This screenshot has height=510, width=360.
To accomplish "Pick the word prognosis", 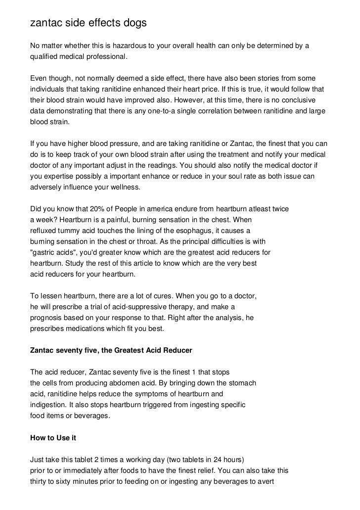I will pos(46,318).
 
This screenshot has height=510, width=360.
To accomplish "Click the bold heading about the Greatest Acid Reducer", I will pos(111,350).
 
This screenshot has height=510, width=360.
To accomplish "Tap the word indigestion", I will pos(47,405).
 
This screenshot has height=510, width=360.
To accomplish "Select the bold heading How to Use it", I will pos(53,438).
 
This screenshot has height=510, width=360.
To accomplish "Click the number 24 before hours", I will pos(212,460).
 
